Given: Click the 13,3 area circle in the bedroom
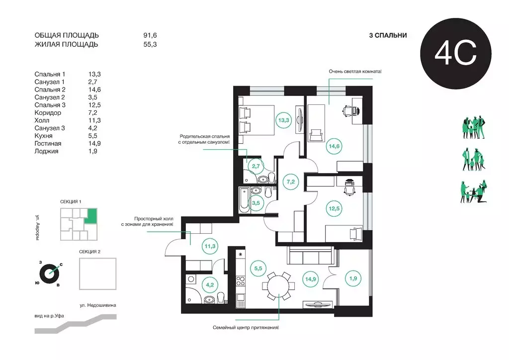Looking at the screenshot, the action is (x=283, y=120).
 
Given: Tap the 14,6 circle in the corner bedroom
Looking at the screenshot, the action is (x=334, y=146).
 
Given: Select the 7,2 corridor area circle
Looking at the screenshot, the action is (x=290, y=182).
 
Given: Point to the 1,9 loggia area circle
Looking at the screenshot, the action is (x=353, y=278).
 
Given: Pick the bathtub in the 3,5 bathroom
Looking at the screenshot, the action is (x=244, y=200).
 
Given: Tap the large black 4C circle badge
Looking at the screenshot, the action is (x=456, y=54).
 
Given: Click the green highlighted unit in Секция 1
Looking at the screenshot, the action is (x=91, y=216).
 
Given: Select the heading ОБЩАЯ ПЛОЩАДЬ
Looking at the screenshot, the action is (x=67, y=35).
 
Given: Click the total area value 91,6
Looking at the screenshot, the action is (x=150, y=35).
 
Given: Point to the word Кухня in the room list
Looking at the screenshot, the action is (x=44, y=136).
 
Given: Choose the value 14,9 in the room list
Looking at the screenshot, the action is (x=94, y=144).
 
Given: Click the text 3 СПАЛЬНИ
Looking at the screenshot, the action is (x=388, y=35).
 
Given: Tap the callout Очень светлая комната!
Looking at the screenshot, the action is (x=355, y=72).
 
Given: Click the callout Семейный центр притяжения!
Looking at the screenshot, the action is (x=246, y=328).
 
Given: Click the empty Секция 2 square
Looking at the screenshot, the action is (x=98, y=273).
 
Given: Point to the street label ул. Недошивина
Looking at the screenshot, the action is (x=98, y=305).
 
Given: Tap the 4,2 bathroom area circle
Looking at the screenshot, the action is (x=210, y=285).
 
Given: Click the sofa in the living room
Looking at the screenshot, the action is (x=311, y=256).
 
